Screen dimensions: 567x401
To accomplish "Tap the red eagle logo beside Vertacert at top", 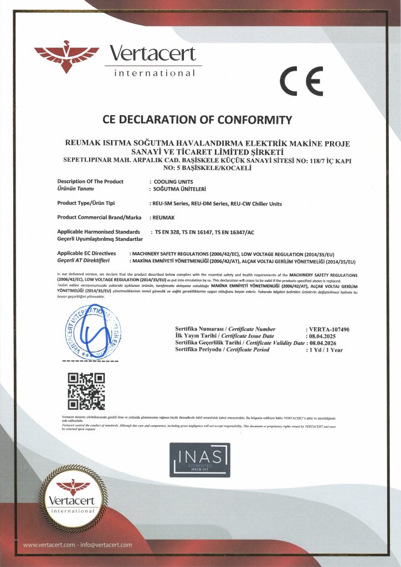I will [66, 57].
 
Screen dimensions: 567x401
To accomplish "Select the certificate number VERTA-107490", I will [331, 329].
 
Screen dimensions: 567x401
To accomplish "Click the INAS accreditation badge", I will [200, 460].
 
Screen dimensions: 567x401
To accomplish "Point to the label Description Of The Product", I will [90, 182].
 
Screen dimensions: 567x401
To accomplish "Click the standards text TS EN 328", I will [167, 231].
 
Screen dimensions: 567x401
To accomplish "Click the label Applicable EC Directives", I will [86, 252].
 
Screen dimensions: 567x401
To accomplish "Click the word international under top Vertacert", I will [155, 74].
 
